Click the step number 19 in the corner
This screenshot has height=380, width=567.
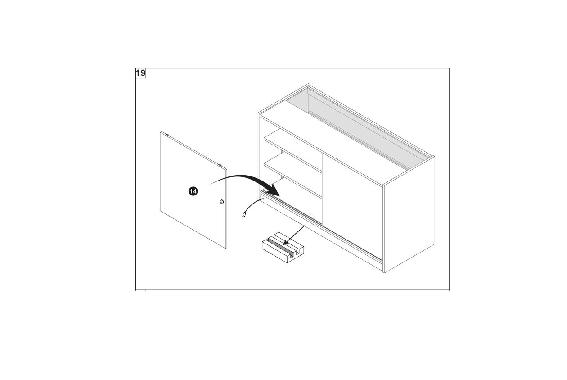point(141,73)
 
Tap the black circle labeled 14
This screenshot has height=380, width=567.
point(193,191)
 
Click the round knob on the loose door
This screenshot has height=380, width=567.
point(221,202)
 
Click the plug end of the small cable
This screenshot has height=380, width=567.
point(244,216)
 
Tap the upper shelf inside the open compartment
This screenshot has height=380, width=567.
point(292,150)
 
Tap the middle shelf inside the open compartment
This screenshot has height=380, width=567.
point(292,175)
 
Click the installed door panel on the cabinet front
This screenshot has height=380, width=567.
point(352,205)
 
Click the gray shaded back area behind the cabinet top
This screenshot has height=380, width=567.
point(357,127)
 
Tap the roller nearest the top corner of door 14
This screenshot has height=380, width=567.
point(167,135)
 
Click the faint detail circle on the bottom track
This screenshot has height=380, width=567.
point(307,219)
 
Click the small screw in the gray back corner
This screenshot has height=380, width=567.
point(310,90)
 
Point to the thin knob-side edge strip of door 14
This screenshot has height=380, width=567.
point(226,208)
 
